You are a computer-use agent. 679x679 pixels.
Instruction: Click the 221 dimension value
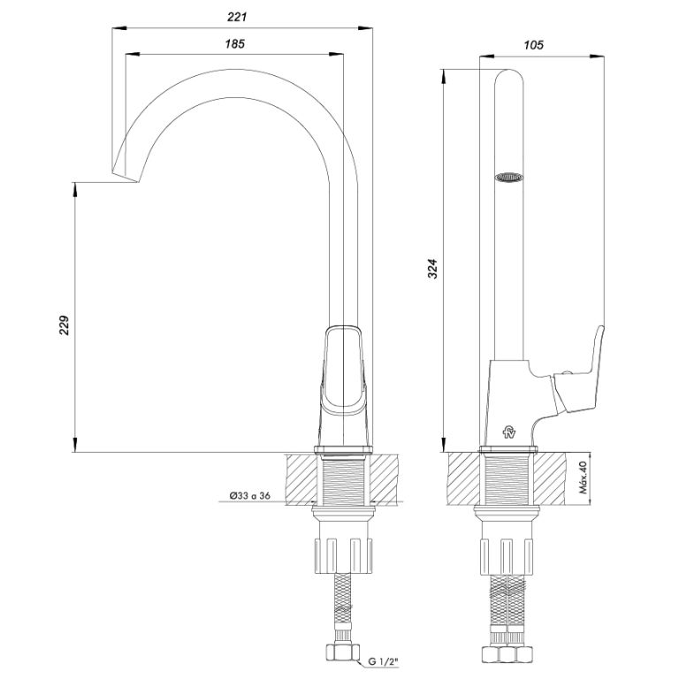236,17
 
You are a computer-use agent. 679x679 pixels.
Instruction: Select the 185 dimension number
234,43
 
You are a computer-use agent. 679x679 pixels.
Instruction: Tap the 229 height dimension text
64,324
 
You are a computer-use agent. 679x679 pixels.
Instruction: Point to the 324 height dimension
433,269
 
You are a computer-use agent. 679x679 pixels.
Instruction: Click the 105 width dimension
533,45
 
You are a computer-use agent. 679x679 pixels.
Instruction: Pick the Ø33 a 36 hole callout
249,495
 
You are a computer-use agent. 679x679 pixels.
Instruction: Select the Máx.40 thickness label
584,478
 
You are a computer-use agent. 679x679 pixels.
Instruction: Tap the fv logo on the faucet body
509,432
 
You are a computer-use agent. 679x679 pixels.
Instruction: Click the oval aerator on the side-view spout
509,177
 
